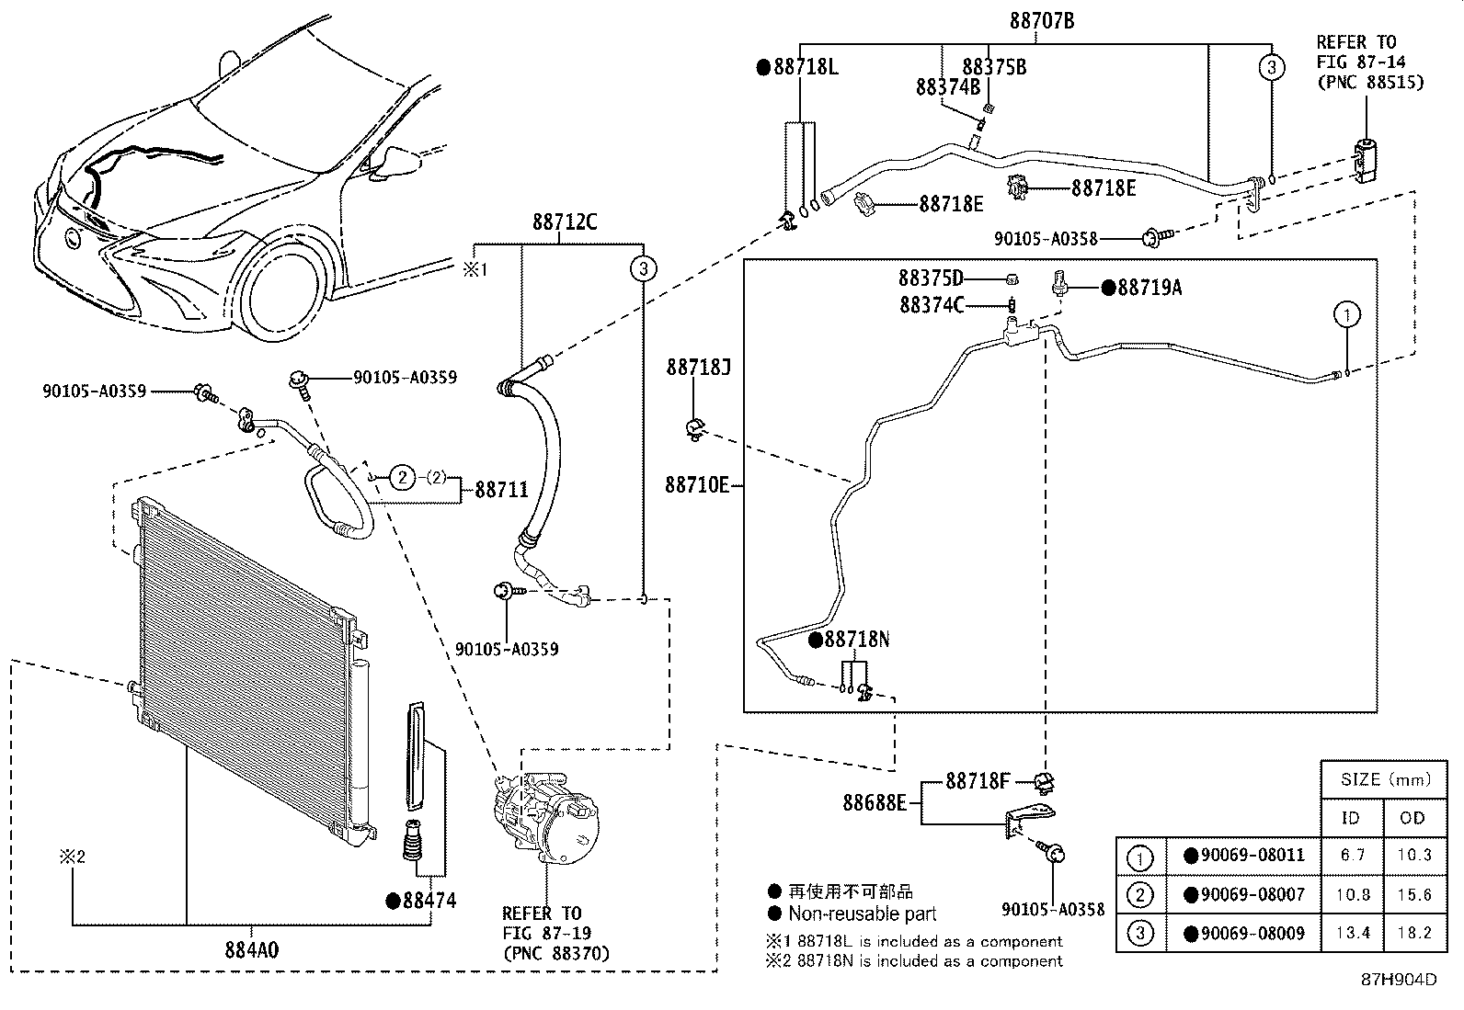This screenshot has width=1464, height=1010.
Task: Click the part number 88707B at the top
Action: coord(1042,20)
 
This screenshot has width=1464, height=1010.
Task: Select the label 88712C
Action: coord(564,222)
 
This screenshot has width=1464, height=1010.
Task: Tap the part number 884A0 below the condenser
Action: coord(251,949)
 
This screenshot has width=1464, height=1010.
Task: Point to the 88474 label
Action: coord(429,901)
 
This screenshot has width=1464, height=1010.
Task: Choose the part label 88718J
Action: coord(698,369)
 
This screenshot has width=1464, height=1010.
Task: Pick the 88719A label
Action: coord(1149,288)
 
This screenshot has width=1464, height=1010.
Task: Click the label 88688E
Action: coord(875,803)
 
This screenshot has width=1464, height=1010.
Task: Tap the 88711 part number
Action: coord(501,490)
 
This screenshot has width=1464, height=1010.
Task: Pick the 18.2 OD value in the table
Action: coord(1413,934)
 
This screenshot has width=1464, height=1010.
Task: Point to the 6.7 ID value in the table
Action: coord(1353,855)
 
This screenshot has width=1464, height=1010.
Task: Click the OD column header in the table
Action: coord(1413,818)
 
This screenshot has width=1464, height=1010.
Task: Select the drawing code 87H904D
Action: coord(1399,979)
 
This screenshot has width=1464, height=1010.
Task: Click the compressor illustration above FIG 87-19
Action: coord(545,818)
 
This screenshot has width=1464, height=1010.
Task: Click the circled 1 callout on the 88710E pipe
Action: coord(1346,315)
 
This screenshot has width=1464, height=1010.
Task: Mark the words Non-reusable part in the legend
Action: coord(863,914)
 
